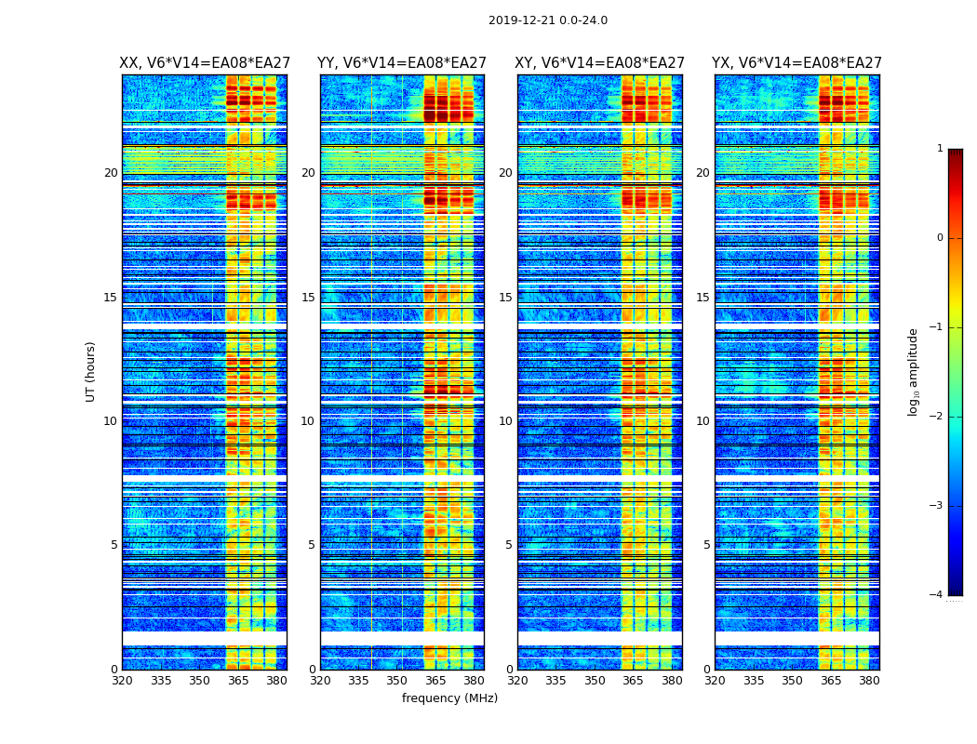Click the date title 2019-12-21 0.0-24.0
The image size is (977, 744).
547,20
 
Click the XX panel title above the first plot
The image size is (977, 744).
204,63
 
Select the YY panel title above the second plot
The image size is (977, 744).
402,63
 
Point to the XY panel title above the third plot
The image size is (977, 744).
599,63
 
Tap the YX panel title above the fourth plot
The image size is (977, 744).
796,63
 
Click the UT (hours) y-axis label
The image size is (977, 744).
91,371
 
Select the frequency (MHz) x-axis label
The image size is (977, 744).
449,698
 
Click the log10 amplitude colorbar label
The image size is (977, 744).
914,371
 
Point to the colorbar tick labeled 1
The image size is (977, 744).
939,149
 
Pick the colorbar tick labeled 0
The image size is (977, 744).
939,238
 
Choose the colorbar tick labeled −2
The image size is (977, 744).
937,417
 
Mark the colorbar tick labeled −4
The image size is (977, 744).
937,595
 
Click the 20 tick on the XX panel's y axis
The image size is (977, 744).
111,173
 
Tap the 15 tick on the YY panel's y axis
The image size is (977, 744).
308,298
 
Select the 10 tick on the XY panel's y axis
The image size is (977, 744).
505,421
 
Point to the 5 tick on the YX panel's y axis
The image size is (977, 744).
706,545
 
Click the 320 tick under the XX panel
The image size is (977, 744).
122,681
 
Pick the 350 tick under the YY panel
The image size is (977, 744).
397,681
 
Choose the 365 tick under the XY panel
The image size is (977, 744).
633,681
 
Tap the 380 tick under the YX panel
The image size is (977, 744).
869,681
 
